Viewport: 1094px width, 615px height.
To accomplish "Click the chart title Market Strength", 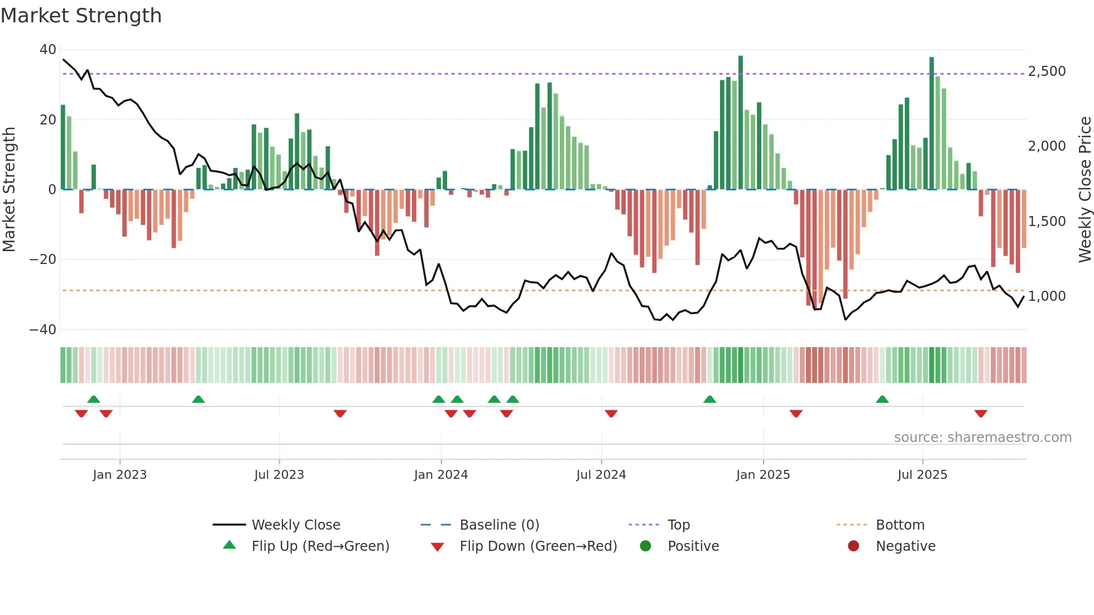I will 81,16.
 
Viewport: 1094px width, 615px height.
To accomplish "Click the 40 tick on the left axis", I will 48,50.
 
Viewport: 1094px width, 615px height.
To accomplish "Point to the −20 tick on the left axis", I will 43,260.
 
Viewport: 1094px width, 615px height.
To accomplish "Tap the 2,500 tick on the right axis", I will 1047,71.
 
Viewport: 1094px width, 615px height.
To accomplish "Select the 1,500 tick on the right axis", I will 1047,222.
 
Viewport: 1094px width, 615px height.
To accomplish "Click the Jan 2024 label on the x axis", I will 440,475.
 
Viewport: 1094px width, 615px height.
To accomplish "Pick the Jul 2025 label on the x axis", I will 922,475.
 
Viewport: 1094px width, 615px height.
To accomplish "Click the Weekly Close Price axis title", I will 1085,190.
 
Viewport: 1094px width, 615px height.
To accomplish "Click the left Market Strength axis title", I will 9,190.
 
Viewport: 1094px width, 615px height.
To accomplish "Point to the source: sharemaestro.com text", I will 982,438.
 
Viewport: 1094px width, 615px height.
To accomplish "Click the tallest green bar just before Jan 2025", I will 741,123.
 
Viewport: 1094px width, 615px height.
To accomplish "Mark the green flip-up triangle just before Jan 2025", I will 709,400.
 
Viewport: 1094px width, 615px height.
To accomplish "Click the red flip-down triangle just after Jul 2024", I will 611,414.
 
